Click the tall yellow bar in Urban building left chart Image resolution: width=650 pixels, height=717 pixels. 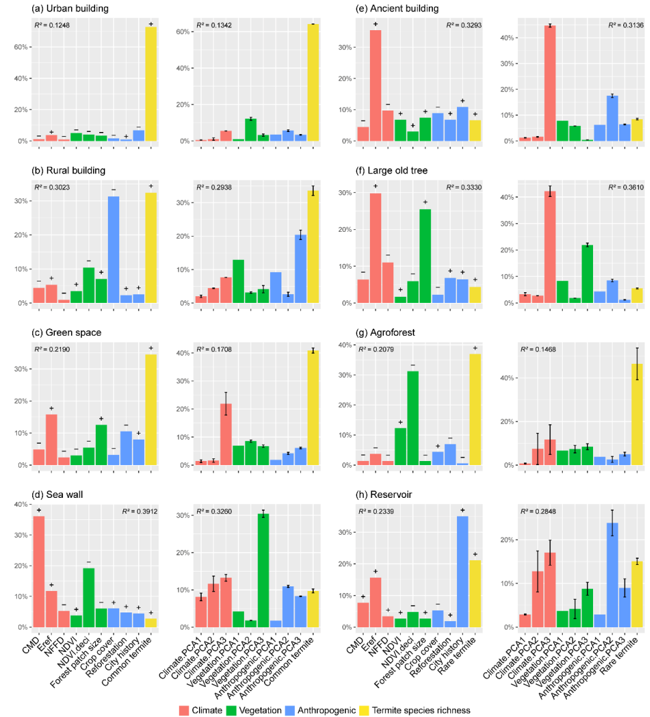coord(151,84)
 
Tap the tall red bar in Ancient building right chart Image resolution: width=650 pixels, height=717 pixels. coord(549,83)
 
